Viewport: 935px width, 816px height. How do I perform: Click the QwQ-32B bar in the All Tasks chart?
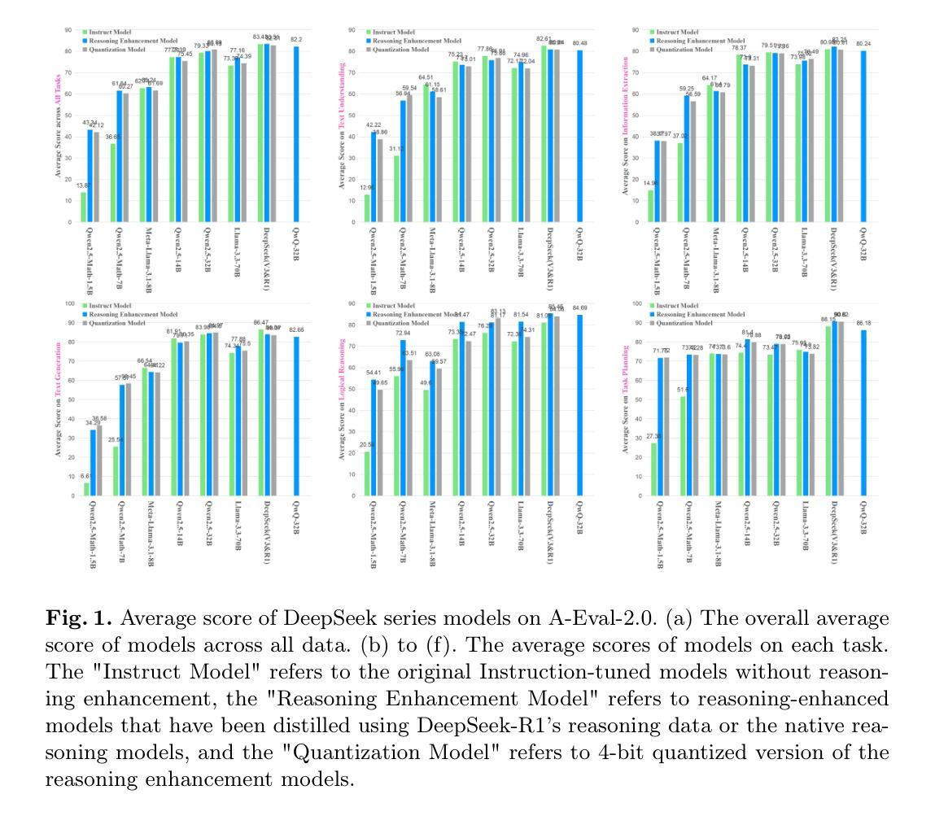296,134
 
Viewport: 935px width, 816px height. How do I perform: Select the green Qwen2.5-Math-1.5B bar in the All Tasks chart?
83,207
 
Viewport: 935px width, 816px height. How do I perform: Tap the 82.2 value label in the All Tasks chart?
296,39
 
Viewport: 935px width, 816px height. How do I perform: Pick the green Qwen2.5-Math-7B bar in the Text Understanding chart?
396,189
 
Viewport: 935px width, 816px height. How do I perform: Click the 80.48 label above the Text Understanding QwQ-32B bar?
579,43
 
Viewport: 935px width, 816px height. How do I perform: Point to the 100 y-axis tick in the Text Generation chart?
69,304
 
